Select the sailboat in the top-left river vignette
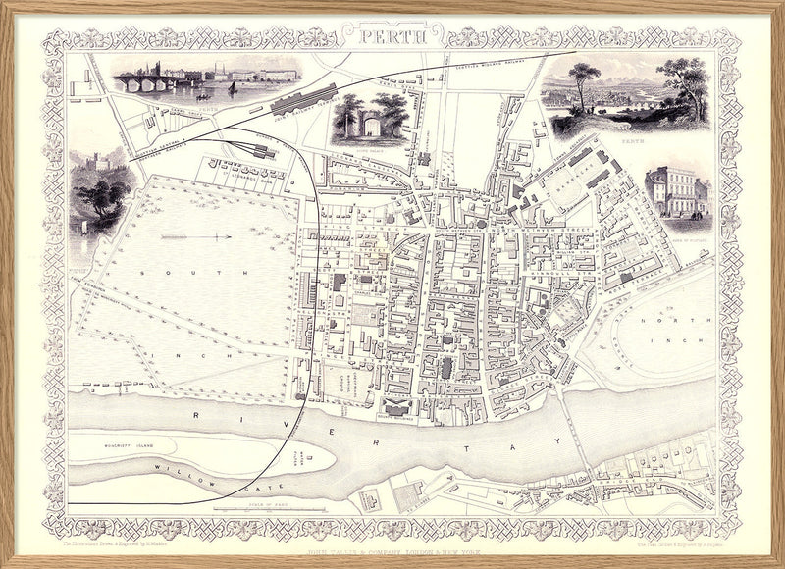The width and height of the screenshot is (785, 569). click(x=233, y=88)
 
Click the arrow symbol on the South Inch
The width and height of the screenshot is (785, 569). click(x=196, y=236)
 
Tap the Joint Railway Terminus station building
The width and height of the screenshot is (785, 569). click(x=299, y=100)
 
